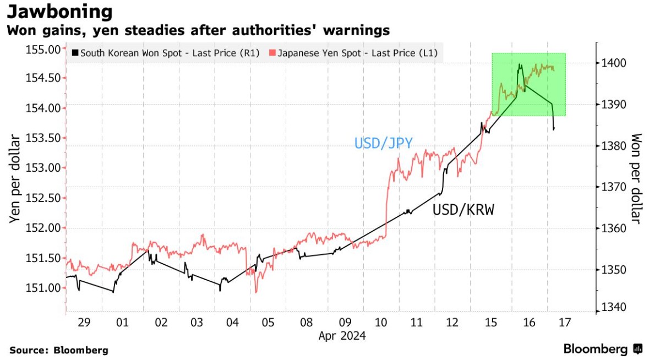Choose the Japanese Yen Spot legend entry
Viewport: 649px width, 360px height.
pyautogui.click(x=356, y=53)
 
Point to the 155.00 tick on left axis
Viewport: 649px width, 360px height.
pyautogui.click(x=43, y=50)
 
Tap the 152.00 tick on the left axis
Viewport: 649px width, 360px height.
pyautogui.click(x=43, y=227)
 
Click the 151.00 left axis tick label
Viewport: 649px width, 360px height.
pyautogui.click(x=43, y=287)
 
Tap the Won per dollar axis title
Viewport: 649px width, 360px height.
pyautogui.click(x=636, y=178)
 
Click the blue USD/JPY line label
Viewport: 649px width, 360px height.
pyautogui.click(x=383, y=144)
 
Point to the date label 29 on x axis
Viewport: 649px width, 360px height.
pyautogui.click(x=84, y=321)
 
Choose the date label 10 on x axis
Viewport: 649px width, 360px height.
pyautogui.click(x=380, y=321)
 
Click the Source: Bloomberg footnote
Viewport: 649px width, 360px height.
pyautogui.click(x=59, y=350)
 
